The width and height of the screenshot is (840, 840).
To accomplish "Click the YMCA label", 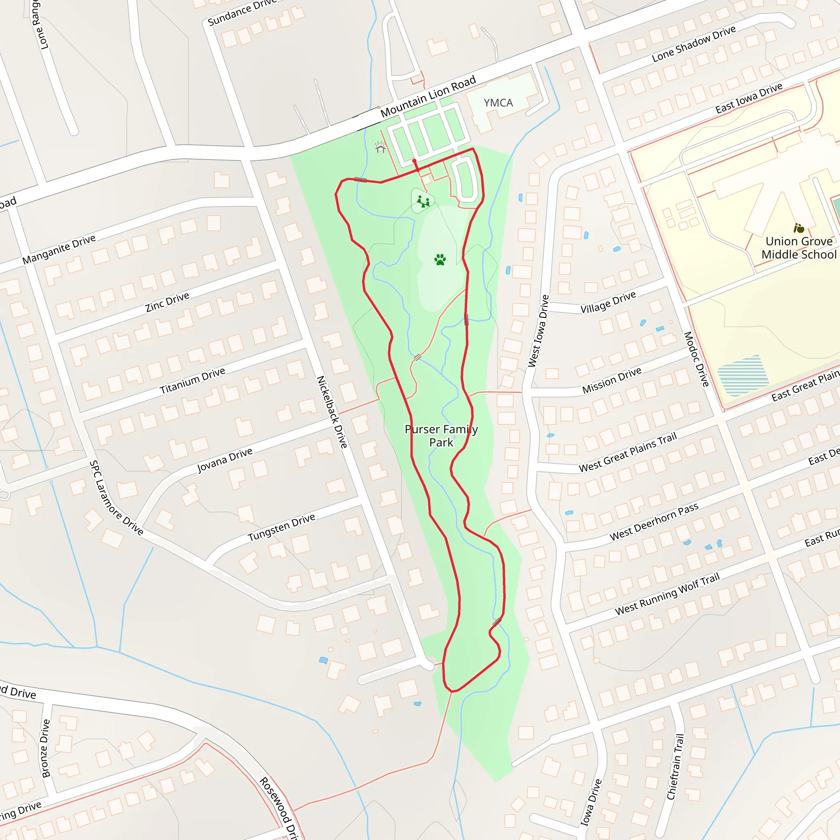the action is (x=498, y=103).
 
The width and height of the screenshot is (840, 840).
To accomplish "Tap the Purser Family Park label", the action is (x=441, y=436).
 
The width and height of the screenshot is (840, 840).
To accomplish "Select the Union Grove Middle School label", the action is (x=799, y=248).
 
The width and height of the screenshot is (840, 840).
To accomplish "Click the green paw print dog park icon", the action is (x=440, y=260).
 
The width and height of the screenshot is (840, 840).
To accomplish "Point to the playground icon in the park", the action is (x=423, y=201).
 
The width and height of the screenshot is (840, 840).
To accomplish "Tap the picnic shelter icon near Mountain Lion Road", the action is (x=381, y=148).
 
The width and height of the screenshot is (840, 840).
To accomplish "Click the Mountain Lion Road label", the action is (x=428, y=96).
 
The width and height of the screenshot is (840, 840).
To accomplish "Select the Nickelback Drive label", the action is (x=332, y=412).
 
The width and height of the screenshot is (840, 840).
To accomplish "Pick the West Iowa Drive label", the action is (x=539, y=331).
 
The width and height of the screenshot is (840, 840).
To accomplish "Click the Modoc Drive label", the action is (x=696, y=359).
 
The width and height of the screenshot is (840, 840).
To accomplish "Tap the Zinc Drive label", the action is (x=167, y=302).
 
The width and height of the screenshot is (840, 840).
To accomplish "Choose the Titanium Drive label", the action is (x=193, y=381).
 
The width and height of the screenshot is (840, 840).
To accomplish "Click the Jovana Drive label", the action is (x=225, y=460).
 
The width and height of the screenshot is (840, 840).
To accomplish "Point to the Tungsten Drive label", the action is (x=281, y=527).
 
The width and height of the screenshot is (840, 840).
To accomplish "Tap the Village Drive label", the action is (x=608, y=302).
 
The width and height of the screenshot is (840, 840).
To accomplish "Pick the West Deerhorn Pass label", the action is (x=654, y=521).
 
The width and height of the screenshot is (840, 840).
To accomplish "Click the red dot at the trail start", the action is (x=414, y=161).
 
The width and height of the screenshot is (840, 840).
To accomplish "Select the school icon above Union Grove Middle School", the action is (x=799, y=228).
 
